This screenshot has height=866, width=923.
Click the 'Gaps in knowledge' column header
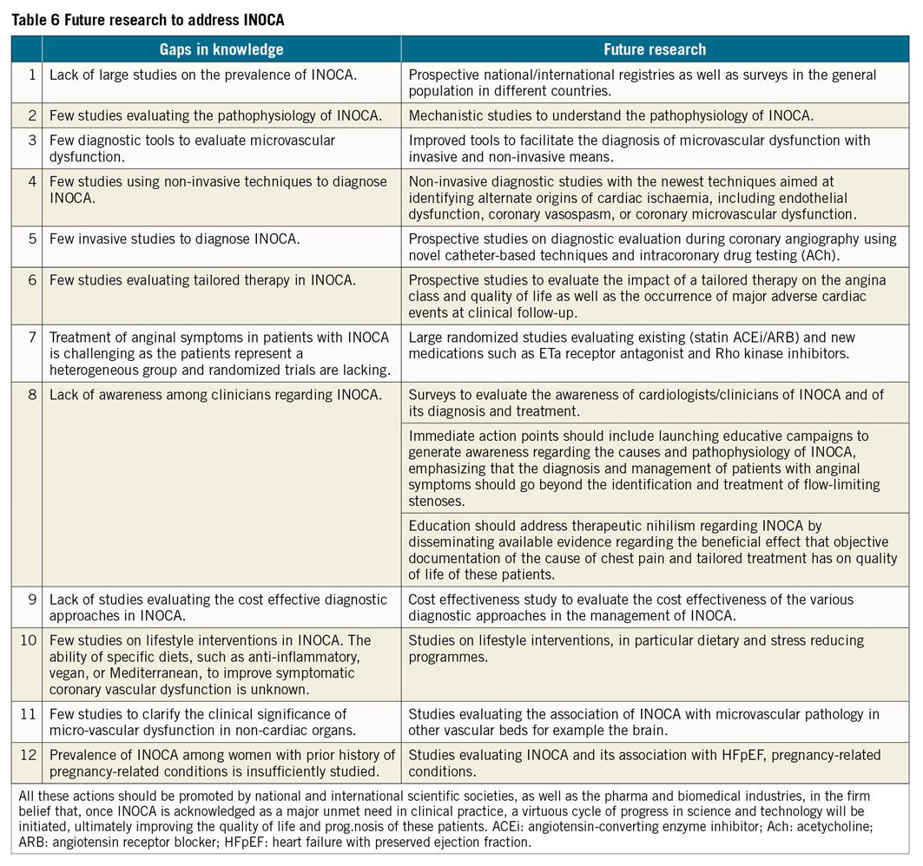pos(221,49)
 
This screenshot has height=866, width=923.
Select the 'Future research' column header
pos(655,49)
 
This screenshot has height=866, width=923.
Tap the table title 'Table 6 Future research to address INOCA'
pos(148,18)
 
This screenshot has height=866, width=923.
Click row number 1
pos(32,75)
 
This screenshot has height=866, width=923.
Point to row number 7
pos(32,337)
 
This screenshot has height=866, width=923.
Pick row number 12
pos(29,755)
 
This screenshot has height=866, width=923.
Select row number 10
pos(29,640)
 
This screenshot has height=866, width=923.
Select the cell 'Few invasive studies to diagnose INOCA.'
pos(175,238)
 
